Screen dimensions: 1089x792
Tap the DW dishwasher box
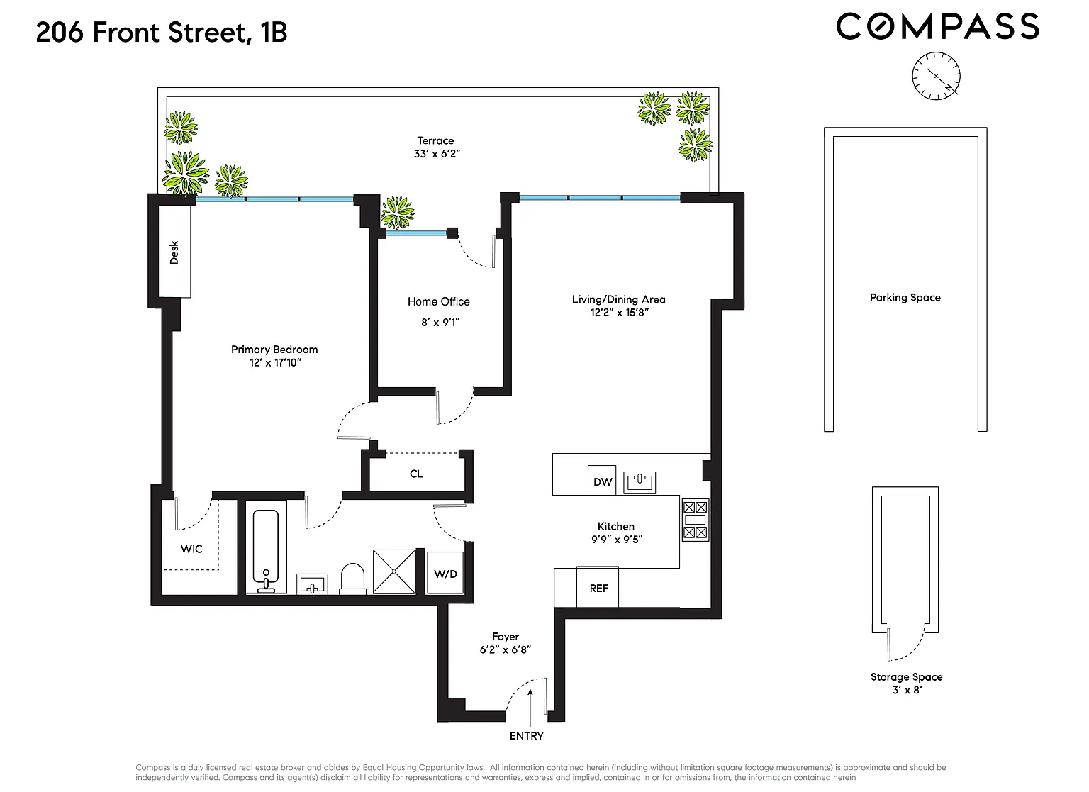[x=602, y=480]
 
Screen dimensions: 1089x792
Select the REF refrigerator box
[x=598, y=587]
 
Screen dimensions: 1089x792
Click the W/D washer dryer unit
[x=445, y=573]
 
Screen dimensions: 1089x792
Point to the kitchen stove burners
[x=696, y=520]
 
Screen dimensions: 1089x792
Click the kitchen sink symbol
[x=640, y=482]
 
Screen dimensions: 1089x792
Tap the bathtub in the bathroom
[x=265, y=552]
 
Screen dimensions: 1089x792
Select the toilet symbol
[x=352, y=579]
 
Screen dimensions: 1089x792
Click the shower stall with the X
[x=394, y=571]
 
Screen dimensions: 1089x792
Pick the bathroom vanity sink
[x=312, y=584]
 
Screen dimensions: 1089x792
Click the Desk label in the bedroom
[x=174, y=252]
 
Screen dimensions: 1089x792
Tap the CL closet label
[x=416, y=474]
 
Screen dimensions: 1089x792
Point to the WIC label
[x=191, y=549]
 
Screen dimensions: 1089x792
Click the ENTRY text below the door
[x=527, y=736]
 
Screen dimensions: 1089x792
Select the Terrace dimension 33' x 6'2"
[x=437, y=154]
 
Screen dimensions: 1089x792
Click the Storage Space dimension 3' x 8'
[x=907, y=690]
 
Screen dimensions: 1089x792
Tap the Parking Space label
[x=905, y=298]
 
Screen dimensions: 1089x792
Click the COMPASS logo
[x=938, y=26]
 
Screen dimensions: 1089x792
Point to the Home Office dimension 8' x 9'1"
[x=440, y=323]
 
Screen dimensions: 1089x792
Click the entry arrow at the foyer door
[x=530, y=708]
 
